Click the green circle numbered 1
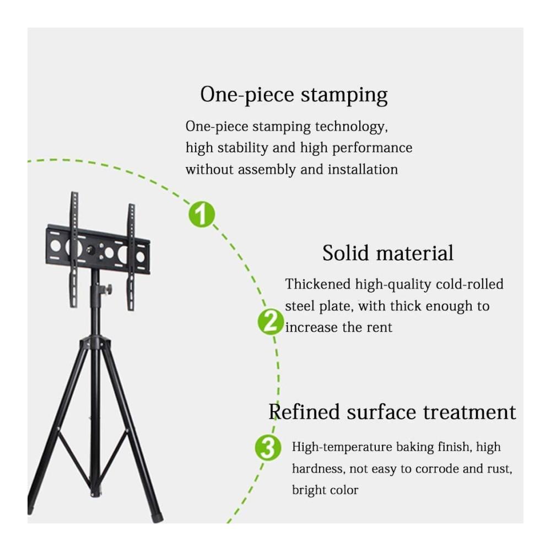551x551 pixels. click(x=202, y=214)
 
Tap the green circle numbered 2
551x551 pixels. click(x=271, y=322)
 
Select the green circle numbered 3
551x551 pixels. click(x=268, y=447)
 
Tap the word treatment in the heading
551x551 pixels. click(x=469, y=412)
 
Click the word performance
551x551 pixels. click(x=372, y=148)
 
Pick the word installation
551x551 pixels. click(x=363, y=169)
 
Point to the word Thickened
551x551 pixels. click(x=318, y=284)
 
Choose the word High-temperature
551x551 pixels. click(x=342, y=447)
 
